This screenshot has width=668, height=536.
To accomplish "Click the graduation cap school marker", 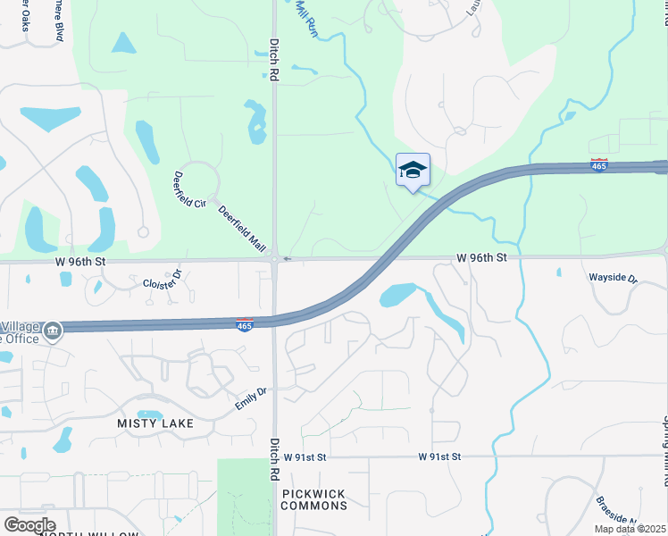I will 413,170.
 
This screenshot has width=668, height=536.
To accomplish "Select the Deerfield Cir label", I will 189,189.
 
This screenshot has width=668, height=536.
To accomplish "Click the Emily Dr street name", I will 251,398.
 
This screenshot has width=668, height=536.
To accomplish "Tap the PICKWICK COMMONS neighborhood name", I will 313,499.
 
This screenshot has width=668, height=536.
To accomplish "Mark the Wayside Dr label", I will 613,278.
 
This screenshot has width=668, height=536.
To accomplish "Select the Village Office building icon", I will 53,331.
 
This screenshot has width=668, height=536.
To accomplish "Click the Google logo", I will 29,524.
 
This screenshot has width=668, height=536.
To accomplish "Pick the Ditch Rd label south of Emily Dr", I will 274,458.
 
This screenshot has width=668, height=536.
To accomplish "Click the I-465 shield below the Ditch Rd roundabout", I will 245,325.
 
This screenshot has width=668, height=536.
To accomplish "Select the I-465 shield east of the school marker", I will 599,165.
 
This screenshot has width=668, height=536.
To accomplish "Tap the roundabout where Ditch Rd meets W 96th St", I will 273,258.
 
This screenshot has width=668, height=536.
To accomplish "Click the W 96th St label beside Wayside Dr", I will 481,257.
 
